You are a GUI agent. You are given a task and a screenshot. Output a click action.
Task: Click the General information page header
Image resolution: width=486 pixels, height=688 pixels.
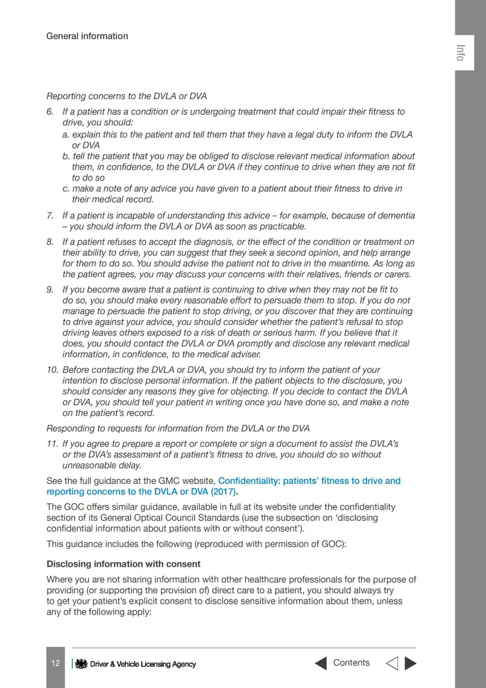click(x=87, y=36)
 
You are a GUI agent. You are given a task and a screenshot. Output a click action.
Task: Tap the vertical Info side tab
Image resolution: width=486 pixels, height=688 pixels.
click(x=460, y=53)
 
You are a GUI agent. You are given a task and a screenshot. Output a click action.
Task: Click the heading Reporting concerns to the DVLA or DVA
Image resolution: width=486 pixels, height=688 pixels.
click(x=126, y=96)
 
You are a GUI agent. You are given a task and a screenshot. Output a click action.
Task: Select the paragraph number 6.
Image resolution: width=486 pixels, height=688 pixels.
click(x=50, y=112)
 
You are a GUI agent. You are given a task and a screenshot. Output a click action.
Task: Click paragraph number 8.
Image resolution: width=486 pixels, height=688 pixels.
click(x=50, y=242)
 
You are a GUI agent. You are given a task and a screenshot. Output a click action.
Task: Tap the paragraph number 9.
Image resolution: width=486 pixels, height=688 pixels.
click(x=50, y=290)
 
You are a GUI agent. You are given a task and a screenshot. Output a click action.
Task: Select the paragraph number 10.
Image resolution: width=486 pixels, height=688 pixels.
click(x=52, y=370)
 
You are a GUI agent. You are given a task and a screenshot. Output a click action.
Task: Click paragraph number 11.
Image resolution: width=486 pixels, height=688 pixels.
click(x=52, y=444)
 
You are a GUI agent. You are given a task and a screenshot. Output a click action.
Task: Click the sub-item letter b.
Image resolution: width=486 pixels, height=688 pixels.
click(x=66, y=156)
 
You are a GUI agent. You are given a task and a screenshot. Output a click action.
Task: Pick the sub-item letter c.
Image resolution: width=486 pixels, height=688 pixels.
click(x=66, y=189)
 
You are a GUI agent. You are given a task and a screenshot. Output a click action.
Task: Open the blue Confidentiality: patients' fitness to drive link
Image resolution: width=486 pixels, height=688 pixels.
click(x=309, y=481)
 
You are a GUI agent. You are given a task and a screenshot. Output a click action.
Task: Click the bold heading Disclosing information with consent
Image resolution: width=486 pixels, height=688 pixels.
click(x=123, y=564)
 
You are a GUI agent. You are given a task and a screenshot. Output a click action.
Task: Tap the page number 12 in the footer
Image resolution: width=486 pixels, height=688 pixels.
click(x=55, y=663)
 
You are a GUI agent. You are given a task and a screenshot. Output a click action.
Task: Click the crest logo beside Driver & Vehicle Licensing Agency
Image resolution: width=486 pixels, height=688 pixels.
click(x=81, y=664)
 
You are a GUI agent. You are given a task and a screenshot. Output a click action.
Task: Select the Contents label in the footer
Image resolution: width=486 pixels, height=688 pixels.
click(x=351, y=663)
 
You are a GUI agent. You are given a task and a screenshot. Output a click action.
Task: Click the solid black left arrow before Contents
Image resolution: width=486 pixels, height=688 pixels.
click(x=321, y=663)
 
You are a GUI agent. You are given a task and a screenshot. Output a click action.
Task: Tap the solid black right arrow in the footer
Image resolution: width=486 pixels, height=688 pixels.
click(x=410, y=663)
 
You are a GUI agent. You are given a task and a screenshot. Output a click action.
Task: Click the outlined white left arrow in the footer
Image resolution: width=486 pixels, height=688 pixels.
click(x=392, y=663)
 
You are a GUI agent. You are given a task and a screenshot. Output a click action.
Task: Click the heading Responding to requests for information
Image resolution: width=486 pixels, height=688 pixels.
click(x=178, y=428)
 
